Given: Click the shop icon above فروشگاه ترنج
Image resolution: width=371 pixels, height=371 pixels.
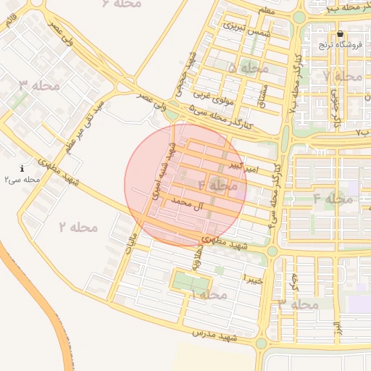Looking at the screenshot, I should point(341,34).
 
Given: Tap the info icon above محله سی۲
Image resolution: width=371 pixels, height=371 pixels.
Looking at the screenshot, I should point(22,168).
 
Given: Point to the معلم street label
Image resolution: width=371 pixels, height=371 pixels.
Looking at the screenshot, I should point(267,10).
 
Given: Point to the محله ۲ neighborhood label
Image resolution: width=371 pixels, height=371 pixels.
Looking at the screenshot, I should point(78,227).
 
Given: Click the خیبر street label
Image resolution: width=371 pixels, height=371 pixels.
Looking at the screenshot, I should point(251,278).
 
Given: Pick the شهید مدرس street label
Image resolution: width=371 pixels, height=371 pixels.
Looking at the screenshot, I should point(215,335).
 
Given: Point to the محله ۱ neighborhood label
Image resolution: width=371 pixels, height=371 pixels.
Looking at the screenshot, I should point(209,295).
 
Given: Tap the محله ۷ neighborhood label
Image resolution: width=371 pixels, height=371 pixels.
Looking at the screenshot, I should point(343,76).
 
